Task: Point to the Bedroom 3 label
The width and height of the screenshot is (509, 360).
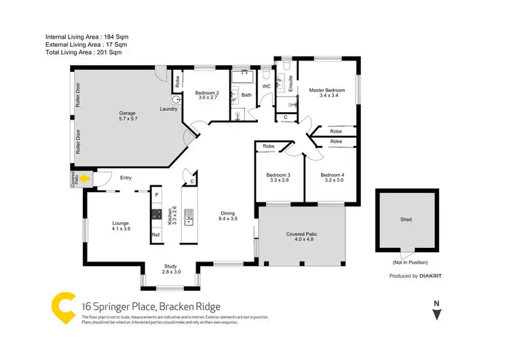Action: [278, 178]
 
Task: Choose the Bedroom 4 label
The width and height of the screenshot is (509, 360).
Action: [333, 178]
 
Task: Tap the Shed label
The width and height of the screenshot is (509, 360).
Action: [406, 219]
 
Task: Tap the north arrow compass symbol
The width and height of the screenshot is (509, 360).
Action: [437, 313]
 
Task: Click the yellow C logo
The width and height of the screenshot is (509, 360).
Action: [64, 308]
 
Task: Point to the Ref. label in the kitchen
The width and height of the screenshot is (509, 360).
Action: [155, 235]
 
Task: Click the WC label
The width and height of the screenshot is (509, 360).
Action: [267, 87]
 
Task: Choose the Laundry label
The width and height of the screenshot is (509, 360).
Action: [169, 109]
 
